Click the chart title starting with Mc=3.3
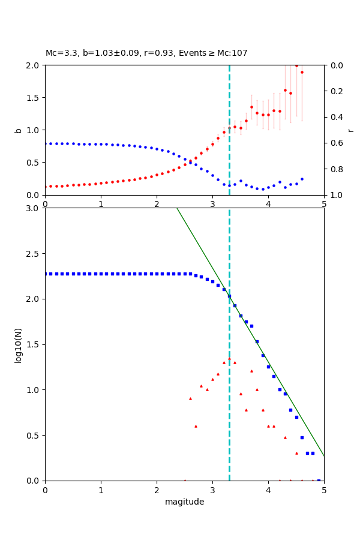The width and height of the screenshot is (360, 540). pyautogui.click(x=146, y=53)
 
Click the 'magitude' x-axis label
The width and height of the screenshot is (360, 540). pyautogui.click(x=184, y=502)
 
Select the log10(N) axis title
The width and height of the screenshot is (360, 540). pyautogui.click(x=18, y=344)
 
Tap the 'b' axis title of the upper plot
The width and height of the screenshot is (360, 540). pyautogui.click(x=18, y=130)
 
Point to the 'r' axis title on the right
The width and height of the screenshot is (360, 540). pyautogui.click(x=350, y=130)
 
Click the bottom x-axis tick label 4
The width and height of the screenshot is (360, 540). pyautogui.click(x=268, y=490)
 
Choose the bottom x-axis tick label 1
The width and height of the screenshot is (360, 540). pyautogui.click(x=101, y=490)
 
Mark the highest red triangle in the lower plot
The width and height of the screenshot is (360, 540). pyautogui.click(x=229, y=359)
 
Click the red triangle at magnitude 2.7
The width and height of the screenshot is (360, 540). pyautogui.click(x=196, y=426)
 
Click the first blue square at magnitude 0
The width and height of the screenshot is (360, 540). pyautogui.click(x=46, y=274)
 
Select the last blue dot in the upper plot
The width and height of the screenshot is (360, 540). pyautogui.click(x=302, y=179)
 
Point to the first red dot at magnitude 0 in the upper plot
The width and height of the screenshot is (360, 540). pyautogui.click(x=46, y=187)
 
